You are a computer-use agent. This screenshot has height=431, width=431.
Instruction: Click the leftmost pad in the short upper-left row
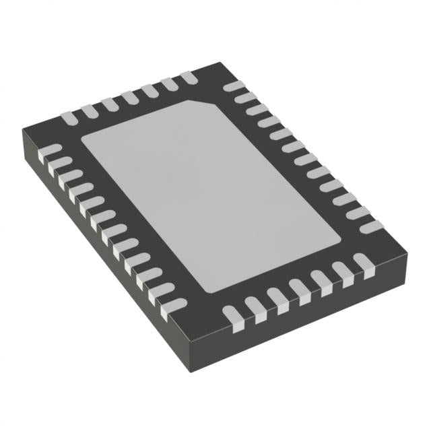pos(69,117)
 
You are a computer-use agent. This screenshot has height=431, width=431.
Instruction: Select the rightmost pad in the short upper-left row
pos(187,79)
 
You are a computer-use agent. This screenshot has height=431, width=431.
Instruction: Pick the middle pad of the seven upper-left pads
pos(129,98)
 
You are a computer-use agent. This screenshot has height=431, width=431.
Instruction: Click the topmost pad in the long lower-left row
pos(51,151)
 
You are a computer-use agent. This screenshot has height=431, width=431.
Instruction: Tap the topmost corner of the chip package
pos(221,63)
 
